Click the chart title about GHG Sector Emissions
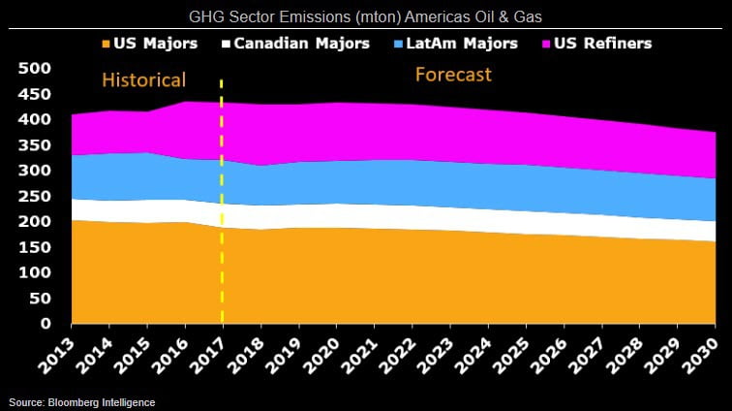(x=366, y=14)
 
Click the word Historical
(x=144, y=79)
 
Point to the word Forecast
(x=453, y=75)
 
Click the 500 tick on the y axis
(x=34, y=69)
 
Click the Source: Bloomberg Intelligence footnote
(x=82, y=401)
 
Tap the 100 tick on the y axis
(x=34, y=273)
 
